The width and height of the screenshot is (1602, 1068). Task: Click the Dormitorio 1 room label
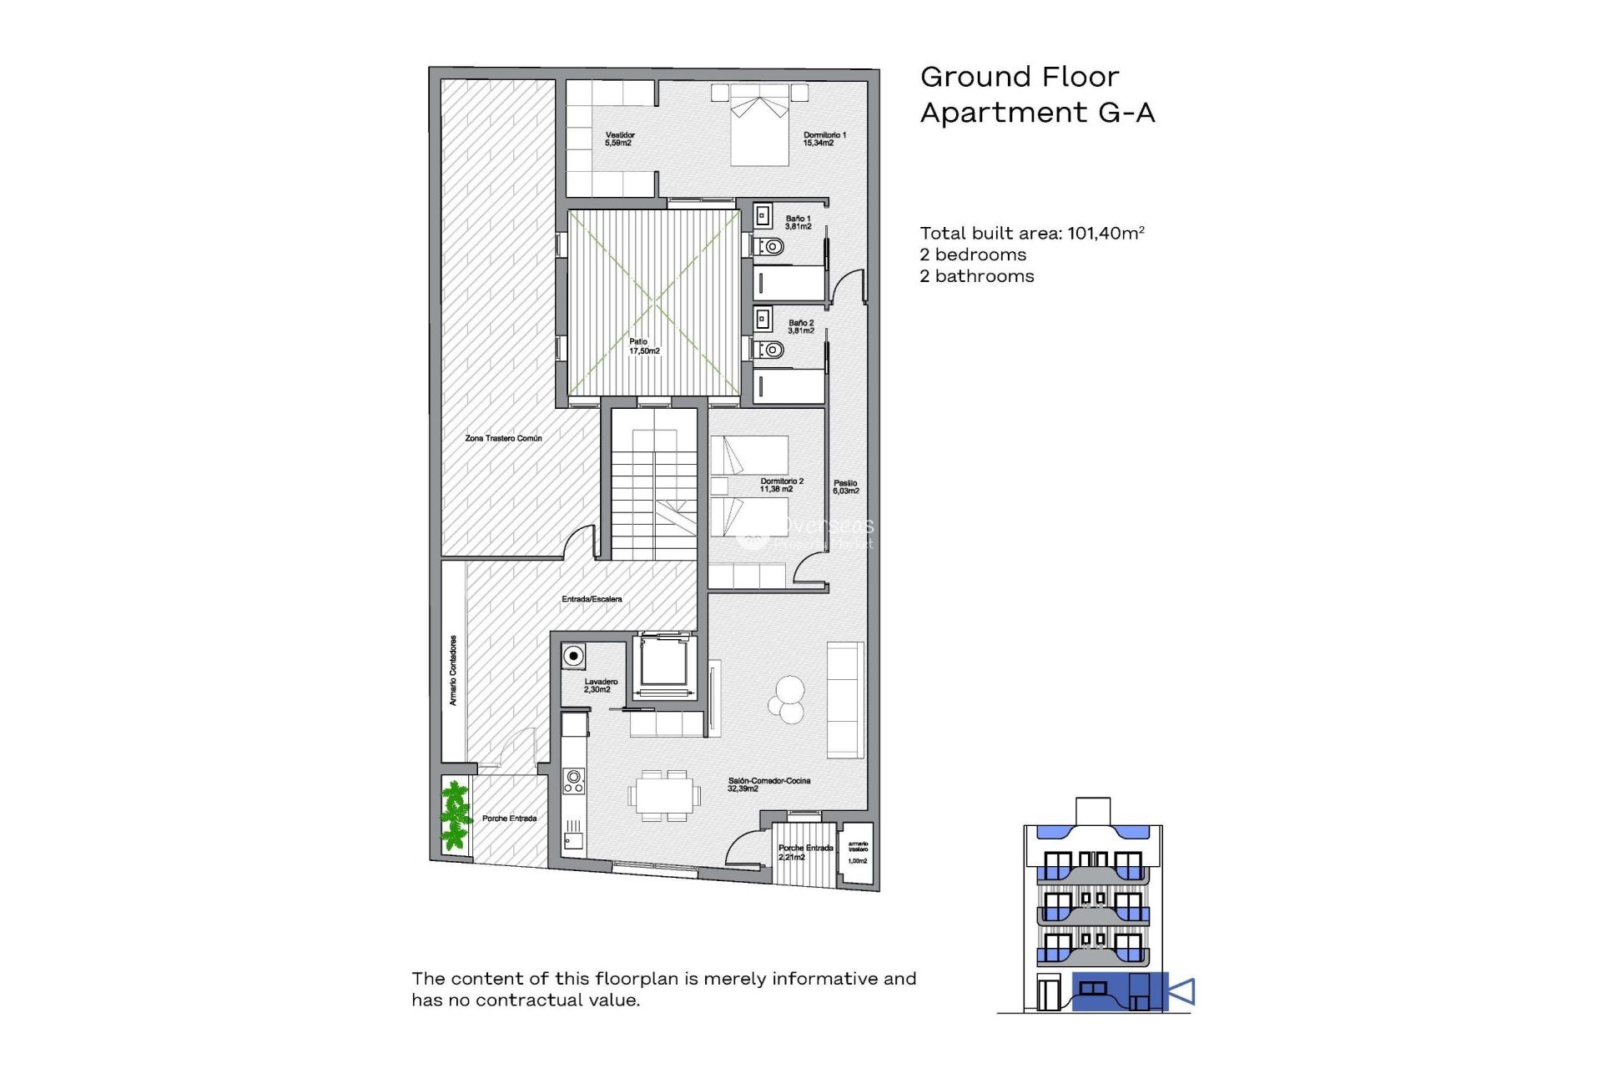[824, 139]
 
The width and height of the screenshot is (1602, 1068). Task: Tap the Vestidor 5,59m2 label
[619, 139]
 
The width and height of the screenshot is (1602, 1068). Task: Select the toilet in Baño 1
[771, 247]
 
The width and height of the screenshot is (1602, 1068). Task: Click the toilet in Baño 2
[771, 350]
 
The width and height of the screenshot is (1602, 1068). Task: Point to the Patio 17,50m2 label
[643, 346]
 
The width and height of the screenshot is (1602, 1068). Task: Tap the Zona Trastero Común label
[503, 438]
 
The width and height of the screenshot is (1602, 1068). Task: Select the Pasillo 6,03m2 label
[845, 486]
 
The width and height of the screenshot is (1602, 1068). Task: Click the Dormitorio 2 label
[781, 485]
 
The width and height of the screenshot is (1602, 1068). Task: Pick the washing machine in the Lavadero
[573, 656]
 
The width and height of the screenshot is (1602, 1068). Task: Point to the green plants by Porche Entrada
[455, 814]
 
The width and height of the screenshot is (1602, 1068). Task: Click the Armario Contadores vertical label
[453, 670]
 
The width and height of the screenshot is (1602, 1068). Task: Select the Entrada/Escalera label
[591, 599]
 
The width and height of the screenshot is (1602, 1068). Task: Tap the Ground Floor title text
[1019, 77]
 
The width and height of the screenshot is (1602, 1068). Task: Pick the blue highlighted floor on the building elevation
[1118, 992]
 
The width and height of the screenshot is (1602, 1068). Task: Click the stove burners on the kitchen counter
[573, 781]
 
